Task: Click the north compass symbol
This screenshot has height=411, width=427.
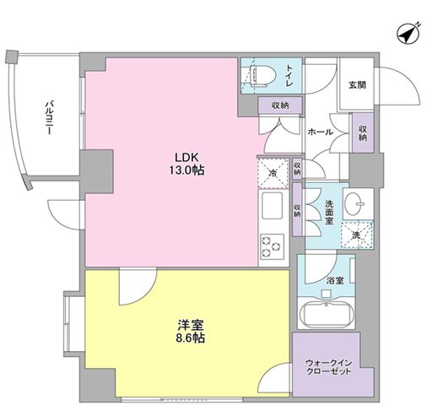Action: coord(408,34)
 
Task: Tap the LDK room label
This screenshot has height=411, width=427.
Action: coord(187,156)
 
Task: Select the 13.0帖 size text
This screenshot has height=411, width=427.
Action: coord(187,170)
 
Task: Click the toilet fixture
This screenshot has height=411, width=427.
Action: coord(257,74)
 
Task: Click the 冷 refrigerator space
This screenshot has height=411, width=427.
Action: coord(272,172)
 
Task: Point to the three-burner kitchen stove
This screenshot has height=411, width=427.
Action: coord(273,246)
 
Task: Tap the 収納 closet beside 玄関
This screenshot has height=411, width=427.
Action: coord(361,133)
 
